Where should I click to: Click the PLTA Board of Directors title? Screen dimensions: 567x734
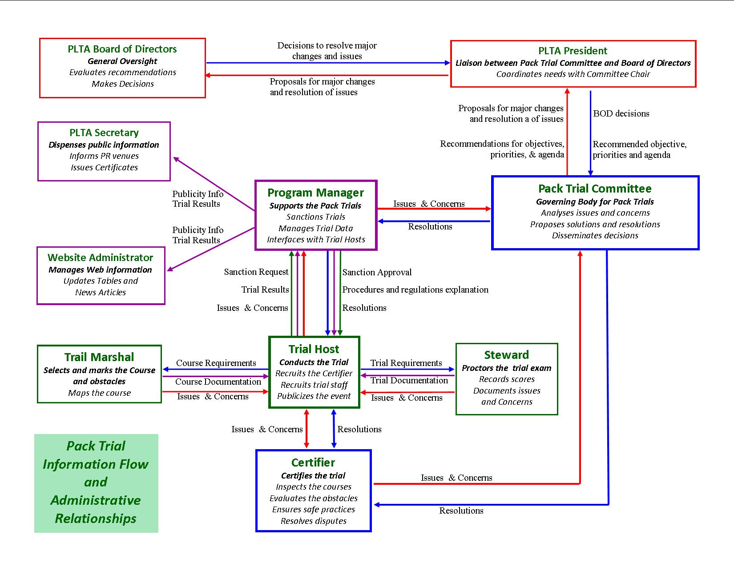122,49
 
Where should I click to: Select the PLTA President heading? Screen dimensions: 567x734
573,51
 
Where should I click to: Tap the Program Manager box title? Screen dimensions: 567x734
315,193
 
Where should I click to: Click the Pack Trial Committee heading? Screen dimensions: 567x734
595,189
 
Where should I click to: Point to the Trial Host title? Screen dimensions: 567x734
314,349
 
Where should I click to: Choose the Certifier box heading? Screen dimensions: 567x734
313,462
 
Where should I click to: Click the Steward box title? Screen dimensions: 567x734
506,355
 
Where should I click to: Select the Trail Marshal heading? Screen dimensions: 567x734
99,357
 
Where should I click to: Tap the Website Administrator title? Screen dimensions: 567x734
101,257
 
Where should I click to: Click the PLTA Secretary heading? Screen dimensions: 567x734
104,133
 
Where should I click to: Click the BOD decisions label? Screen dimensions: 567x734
621,113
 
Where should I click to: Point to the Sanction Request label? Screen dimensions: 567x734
256,272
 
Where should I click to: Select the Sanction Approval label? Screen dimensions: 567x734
377,272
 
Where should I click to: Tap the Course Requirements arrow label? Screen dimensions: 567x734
216,363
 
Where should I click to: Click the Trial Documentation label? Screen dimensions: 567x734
409,380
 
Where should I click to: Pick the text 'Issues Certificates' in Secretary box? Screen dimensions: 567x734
104,168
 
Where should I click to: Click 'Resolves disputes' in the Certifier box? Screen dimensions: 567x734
313,521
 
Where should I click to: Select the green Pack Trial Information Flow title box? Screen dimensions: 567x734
96,483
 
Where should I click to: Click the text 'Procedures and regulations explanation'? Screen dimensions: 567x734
415,290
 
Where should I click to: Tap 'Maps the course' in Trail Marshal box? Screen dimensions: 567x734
99,393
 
